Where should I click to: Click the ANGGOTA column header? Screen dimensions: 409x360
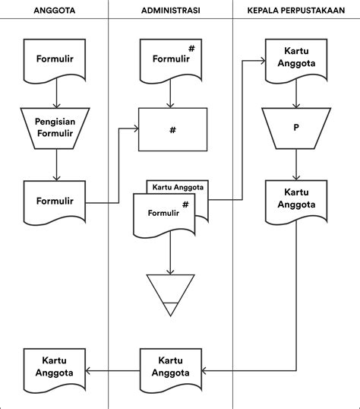point(55,10)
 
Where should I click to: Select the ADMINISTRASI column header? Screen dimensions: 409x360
point(170,10)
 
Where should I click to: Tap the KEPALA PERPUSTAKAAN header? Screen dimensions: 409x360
point(296,10)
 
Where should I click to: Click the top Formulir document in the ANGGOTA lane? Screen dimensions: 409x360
point(55,59)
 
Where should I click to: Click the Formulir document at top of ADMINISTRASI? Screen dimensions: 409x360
point(170,59)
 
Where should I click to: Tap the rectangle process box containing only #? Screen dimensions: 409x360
point(172,130)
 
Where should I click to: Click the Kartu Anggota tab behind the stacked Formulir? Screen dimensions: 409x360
point(177,187)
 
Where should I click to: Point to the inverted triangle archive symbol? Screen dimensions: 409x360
point(170,293)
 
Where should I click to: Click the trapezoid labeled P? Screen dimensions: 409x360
point(296,128)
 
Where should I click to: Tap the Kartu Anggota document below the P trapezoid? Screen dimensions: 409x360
point(296,200)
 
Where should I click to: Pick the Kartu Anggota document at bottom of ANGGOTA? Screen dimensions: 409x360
point(55,367)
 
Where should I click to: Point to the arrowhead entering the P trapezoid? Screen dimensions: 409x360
point(296,103)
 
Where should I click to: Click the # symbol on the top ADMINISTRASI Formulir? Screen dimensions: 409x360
point(191,49)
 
